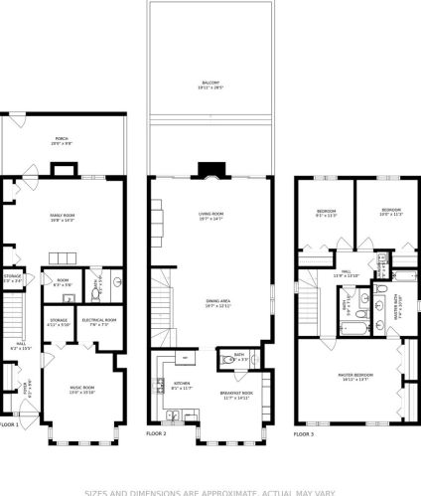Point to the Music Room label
pyautogui.click(x=81, y=388)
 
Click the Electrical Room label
pyautogui.click(x=99, y=320)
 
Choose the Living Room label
pyautogui.click(x=211, y=215)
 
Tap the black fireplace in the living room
pyautogui.click(x=210, y=170)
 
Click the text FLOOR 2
pyautogui.click(x=157, y=434)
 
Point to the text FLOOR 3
pyautogui.click(x=304, y=434)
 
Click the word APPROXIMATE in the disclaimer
pyautogui.click(x=218, y=491)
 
